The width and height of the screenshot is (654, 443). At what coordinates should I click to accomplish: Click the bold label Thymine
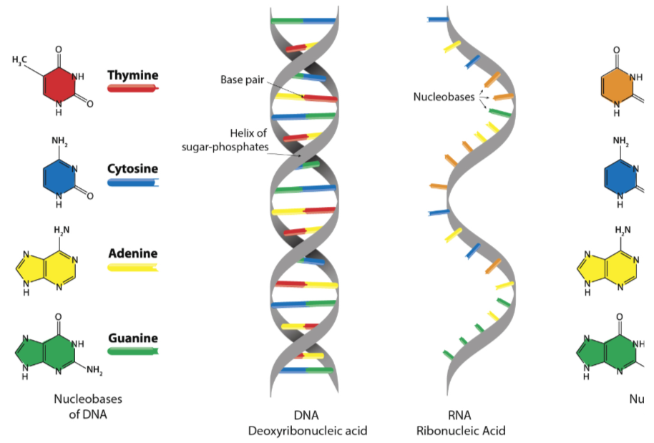point(133,74)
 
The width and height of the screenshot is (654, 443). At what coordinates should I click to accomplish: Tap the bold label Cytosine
point(133,169)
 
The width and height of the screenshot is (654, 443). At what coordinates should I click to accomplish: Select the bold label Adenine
point(133,253)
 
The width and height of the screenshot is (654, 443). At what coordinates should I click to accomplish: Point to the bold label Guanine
point(133,338)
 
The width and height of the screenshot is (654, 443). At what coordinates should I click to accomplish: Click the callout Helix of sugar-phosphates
point(225,140)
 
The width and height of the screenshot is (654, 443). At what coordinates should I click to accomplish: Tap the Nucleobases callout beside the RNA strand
point(444,97)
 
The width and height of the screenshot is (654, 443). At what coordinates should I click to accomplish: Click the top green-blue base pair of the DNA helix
point(303,21)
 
